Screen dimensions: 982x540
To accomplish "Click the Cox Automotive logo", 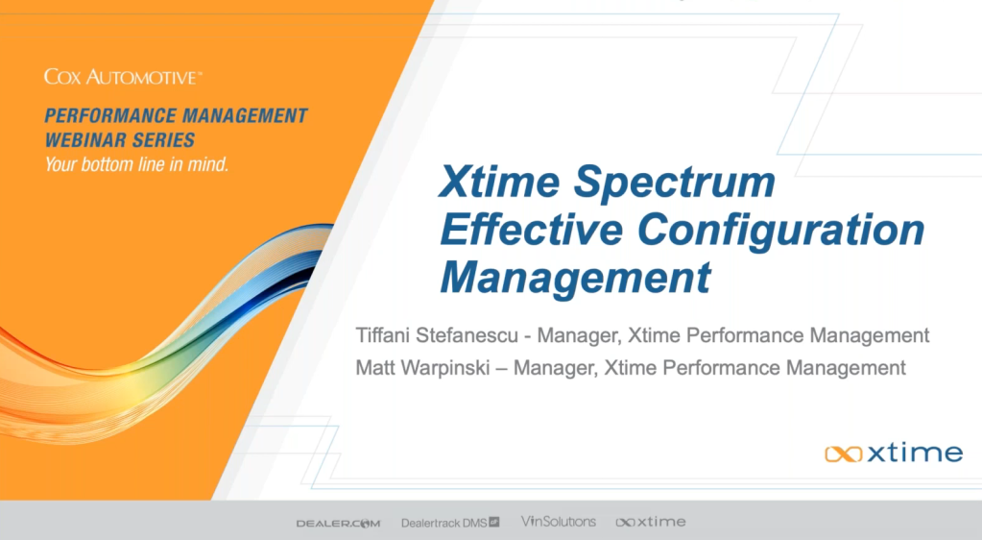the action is [123, 77].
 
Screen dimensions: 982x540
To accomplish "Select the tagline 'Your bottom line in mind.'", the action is [136, 164].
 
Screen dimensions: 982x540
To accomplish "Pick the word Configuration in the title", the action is [781, 232].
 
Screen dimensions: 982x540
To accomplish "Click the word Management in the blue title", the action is [576, 278].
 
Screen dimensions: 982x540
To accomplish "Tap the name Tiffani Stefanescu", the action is [437, 335].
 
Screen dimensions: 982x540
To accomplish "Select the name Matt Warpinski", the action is [422, 367].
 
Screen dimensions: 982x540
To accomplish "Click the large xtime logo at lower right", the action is [894, 453].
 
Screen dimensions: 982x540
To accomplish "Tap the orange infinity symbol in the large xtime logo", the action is [844, 454].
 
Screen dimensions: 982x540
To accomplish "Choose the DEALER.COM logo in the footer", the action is [338, 523].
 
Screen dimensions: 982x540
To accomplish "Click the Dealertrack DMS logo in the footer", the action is [450, 523].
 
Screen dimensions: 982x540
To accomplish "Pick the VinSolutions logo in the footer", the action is [558, 521].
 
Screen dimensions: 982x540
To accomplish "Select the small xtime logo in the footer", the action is [651, 522].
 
